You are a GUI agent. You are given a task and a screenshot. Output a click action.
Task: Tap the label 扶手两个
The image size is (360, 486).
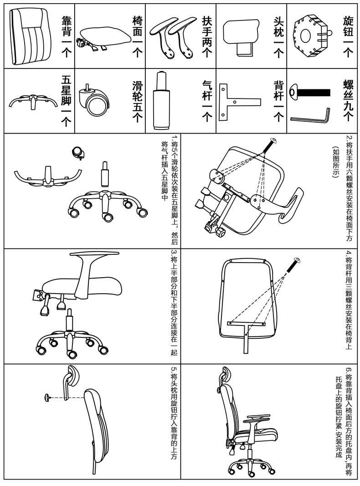tap(207, 36)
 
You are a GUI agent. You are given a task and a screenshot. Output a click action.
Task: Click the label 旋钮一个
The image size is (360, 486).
tap(348, 36)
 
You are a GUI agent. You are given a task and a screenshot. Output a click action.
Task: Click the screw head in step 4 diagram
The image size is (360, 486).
tap(298, 260)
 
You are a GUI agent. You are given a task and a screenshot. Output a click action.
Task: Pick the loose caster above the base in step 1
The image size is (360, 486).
tap(78, 152)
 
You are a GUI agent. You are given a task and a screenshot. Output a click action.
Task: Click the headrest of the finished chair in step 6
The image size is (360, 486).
tap(225, 378)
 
